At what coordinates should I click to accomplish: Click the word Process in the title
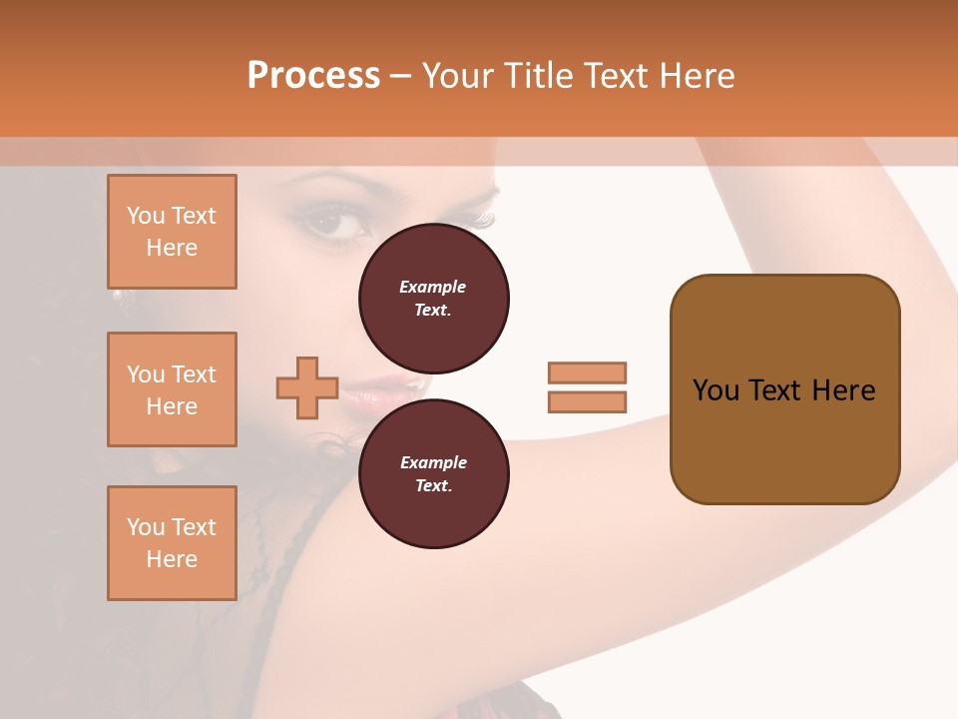pos(313,76)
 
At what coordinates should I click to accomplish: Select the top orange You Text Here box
pos(172,232)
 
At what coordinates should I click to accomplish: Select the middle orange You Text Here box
pos(172,389)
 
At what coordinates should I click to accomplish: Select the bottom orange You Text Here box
pos(172,542)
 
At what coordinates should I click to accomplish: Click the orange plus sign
pos(307,388)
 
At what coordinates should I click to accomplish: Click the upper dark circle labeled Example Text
pos(434,299)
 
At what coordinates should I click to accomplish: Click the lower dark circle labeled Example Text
pos(434,474)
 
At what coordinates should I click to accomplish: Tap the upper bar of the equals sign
pos(588,373)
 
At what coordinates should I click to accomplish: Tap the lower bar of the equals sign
pos(588,401)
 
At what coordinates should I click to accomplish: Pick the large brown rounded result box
pos(784,389)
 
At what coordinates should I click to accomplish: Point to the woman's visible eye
pos(335,223)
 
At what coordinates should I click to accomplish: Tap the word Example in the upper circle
pos(433,288)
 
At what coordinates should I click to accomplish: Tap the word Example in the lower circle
pos(433,463)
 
